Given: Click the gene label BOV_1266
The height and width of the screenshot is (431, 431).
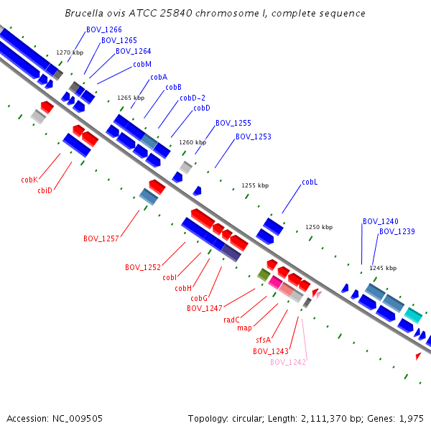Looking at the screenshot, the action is click(x=104, y=29).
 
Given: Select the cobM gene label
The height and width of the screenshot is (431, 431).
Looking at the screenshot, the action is click(x=142, y=65).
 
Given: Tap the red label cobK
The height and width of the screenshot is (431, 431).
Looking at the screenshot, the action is click(x=29, y=180).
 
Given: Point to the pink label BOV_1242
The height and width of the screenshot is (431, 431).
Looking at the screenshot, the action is click(x=288, y=362).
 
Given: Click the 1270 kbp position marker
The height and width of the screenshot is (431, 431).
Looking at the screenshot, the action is click(x=70, y=52).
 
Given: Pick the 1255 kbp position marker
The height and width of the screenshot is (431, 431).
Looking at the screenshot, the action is click(x=255, y=185).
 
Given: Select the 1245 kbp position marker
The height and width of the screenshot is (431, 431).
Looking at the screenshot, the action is click(x=383, y=268).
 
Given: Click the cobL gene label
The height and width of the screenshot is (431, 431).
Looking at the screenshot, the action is click(x=310, y=182).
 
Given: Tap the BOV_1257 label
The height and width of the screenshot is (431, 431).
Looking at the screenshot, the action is click(x=101, y=238).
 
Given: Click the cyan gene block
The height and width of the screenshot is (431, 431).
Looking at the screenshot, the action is click(x=413, y=315).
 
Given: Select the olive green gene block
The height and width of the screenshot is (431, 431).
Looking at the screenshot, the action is click(x=264, y=274).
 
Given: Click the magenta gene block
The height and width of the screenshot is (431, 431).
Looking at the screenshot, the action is click(x=275, y=282).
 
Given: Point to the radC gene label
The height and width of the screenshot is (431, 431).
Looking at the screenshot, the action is click(x=231, y=320).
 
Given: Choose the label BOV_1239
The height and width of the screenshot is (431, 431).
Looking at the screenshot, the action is click(x=397, y=232).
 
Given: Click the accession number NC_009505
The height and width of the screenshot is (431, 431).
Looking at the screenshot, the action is click(x=78, y=419).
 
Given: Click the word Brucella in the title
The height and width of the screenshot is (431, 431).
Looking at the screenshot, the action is click(x=84, y=13).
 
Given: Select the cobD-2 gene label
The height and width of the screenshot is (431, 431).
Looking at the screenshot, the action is click(x=193, y=98).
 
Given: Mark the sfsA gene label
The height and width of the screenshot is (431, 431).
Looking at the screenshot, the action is click(x=264, y=340).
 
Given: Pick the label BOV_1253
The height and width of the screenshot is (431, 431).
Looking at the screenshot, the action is click(x=254, y=136).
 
